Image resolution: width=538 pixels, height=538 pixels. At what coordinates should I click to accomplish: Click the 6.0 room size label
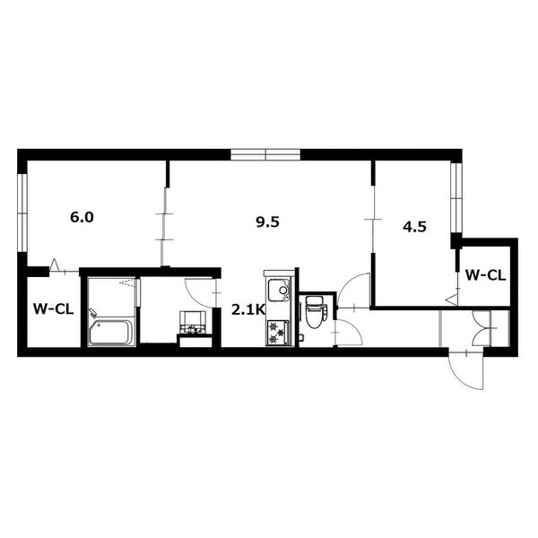[82, 218]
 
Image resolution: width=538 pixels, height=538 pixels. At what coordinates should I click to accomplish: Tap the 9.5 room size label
[267, 222]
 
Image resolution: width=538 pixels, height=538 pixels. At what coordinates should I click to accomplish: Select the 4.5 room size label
[414, 227]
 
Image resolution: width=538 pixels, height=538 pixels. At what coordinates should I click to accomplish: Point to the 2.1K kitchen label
[248, 310]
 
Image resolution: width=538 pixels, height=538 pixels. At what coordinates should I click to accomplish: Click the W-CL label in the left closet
[54, 309]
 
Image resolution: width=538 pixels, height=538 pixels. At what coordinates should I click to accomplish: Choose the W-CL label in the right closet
[485, 275]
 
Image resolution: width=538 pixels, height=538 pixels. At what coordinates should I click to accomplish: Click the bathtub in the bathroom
[110, 332]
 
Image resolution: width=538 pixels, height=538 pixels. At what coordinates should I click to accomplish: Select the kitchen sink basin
[279, 291]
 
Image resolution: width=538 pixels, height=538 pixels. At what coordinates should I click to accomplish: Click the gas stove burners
[278, 333]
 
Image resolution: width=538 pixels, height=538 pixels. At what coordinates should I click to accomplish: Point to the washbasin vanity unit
[193, 322]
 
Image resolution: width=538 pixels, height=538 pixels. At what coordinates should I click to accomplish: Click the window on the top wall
[265, 155]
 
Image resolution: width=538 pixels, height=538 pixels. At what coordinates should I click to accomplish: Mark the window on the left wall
[22, 213]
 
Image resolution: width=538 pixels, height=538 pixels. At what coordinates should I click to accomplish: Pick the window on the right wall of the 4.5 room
[456, 198]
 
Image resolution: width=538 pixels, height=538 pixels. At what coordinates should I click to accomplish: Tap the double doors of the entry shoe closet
[484, 328]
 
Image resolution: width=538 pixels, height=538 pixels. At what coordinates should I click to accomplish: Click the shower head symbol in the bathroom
[126, 282]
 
